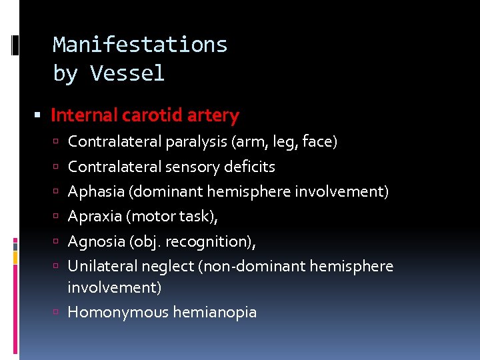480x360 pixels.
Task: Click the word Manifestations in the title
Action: pyautogui.click(x=140, y=45)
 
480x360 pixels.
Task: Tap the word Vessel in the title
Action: pyautogui.click(x=127, y=73)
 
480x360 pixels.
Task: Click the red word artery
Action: pyautogui.click(x=213, y=116)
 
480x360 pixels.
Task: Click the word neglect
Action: pyautogui.click(x=169, y=267)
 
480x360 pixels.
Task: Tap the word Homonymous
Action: pyautogui.click(x=117, y=311)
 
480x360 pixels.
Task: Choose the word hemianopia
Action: pyautogui.click(x=215, y=311)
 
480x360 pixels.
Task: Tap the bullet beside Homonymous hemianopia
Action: pyautogui.click(x=59, y=312)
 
